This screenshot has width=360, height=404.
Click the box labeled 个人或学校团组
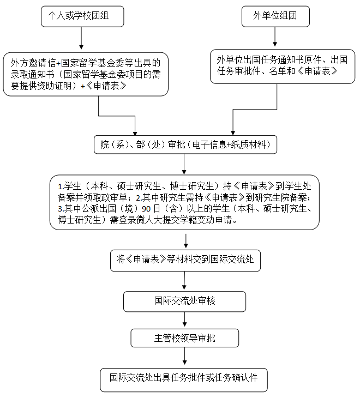[x=82, y=16]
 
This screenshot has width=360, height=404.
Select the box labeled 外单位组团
[x=275, y=16]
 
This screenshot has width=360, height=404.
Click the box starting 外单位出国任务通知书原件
[x=283, y=65]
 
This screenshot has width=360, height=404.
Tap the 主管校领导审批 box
[x=185, y=338]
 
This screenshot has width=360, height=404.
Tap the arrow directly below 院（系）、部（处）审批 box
[x=185, y=164]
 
